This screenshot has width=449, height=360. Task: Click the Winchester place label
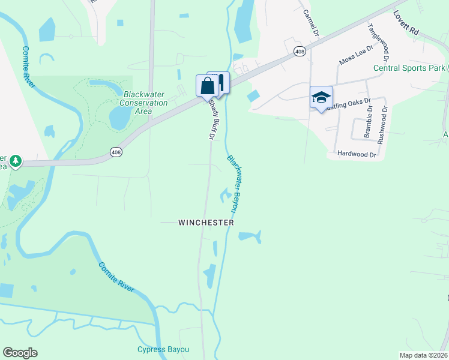pos(206,222)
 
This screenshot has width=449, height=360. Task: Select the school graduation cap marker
pos(321,97)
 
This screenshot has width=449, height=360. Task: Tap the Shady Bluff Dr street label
pos(211,119)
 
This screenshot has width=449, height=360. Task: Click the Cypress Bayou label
pos(163,349)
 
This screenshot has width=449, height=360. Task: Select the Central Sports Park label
pos(410,68)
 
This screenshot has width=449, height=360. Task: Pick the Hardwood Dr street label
pos(356,154)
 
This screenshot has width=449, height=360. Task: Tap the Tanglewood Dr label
pos(375,41)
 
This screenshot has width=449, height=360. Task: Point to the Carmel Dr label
pos(309,22)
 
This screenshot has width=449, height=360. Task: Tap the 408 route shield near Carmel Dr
pos(300,52)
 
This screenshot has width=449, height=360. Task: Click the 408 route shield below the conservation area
pos(115,152)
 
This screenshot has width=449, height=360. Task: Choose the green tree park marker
pos(16,161)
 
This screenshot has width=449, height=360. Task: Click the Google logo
pos(20,353)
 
